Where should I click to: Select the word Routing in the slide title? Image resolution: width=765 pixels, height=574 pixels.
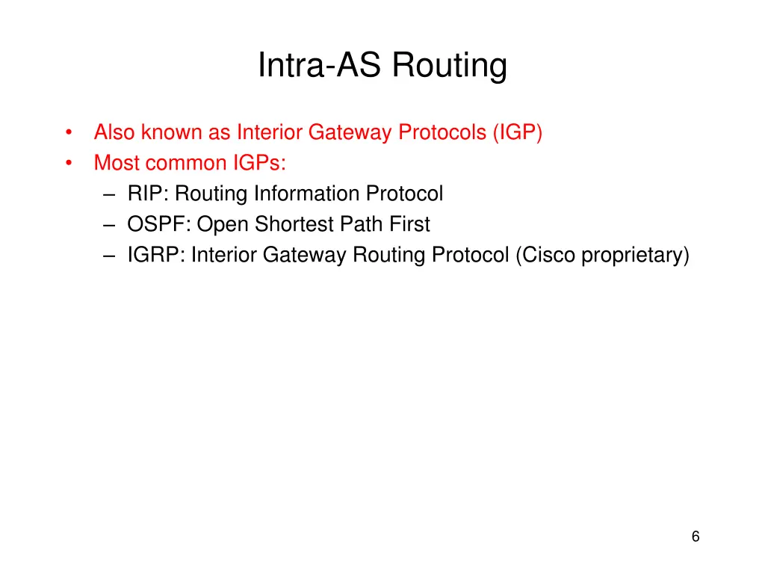[450, 66]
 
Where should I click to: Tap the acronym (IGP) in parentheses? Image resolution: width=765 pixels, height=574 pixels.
[517, 132]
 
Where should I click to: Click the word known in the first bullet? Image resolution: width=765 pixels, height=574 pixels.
[170, 132]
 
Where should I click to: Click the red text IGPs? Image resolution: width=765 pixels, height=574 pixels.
[254, 163]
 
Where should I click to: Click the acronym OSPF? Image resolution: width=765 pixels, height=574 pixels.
[159, 224]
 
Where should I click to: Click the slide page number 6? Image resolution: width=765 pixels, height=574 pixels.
[696, 536]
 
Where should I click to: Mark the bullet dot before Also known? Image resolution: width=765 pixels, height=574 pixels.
[68, 134]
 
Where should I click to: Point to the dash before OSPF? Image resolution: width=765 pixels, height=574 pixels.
[111, 225]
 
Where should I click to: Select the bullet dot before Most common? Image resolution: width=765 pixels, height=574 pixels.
[68, 164]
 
